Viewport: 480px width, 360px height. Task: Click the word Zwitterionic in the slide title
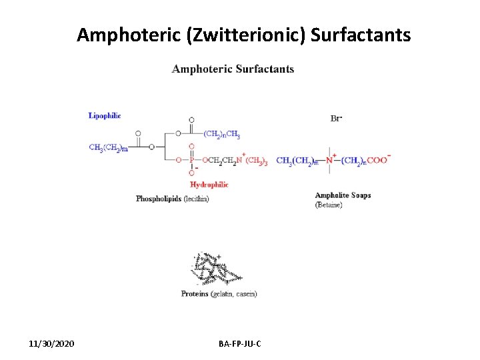247,35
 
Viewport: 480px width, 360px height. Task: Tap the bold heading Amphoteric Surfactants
233,69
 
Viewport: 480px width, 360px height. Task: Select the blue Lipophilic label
105,115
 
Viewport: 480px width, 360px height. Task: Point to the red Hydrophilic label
209,185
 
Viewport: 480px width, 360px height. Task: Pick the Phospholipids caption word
158,199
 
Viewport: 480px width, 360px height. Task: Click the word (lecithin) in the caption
196,199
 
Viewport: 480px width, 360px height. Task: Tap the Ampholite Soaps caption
343,195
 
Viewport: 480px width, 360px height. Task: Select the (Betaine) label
329,205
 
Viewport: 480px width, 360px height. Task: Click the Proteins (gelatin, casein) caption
219,294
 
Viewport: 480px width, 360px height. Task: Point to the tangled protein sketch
215,269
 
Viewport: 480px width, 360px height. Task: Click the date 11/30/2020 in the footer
52,343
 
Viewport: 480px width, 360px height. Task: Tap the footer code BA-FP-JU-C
240,343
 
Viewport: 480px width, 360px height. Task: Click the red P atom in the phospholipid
191,160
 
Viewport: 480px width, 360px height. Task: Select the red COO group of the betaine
377,160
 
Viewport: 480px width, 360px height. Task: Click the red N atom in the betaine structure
330,160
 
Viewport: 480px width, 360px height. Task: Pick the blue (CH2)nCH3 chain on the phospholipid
222,134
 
